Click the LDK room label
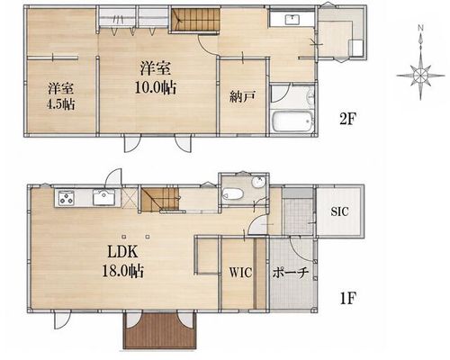coord(123,252)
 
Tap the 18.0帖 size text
coord(122,271)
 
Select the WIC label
coord(240,273)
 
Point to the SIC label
coord(340,211)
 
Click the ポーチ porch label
coord(291,273)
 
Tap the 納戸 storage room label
coord(242,97)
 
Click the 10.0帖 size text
coord(155,87)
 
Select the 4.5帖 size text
coord(60,104)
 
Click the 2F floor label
coord(347,119)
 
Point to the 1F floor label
coord(347,299)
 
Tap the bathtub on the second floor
coord(292,121)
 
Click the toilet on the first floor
coord(232,193)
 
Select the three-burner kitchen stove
coord(67,198)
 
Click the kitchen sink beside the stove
coord(103,198)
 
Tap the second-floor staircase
coord(195,20)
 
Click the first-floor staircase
coord(160,199)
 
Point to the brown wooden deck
coord(159,330)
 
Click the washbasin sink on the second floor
coord(292,20)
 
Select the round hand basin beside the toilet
coord(257,183)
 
